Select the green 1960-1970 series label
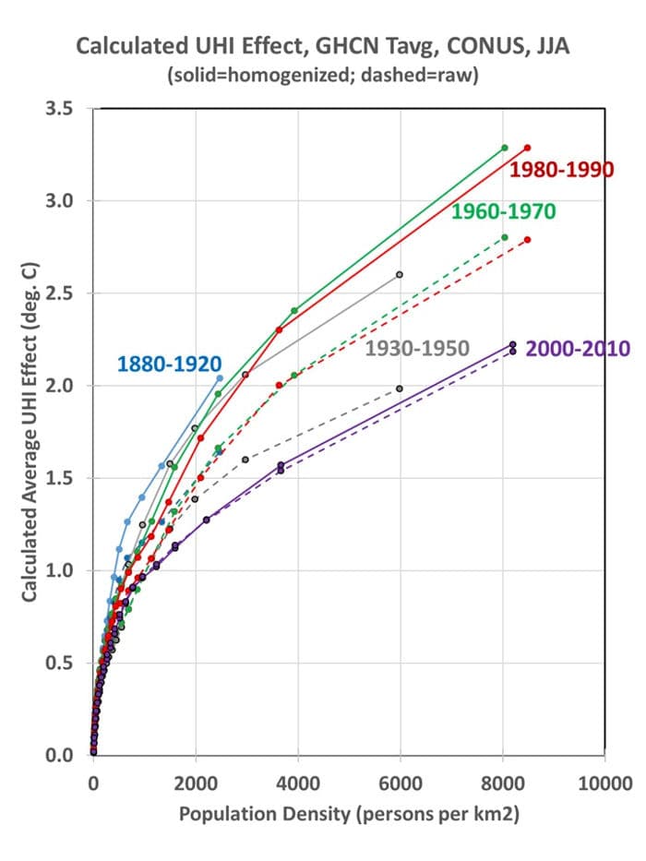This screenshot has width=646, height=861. pyautogui.click(x=503, y=212)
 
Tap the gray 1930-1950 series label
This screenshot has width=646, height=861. pyautogui.click(x=418, y=348)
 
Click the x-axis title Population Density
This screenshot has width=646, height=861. pyautogui.click(x=350, y=815)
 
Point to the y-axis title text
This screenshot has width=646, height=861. pyautogui.click(x=30, y=432)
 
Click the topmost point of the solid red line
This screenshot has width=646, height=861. pyautogui.click(x=527, y=148)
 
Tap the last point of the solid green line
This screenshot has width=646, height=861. pyautogui.click(x=504, y=148)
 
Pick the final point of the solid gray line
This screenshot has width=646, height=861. pyautogui.click(x=400, y=274)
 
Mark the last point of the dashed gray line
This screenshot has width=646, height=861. pyautogui.click(x=400, y=389)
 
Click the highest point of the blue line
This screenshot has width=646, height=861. pyautogui.click(x=219, y=377)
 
